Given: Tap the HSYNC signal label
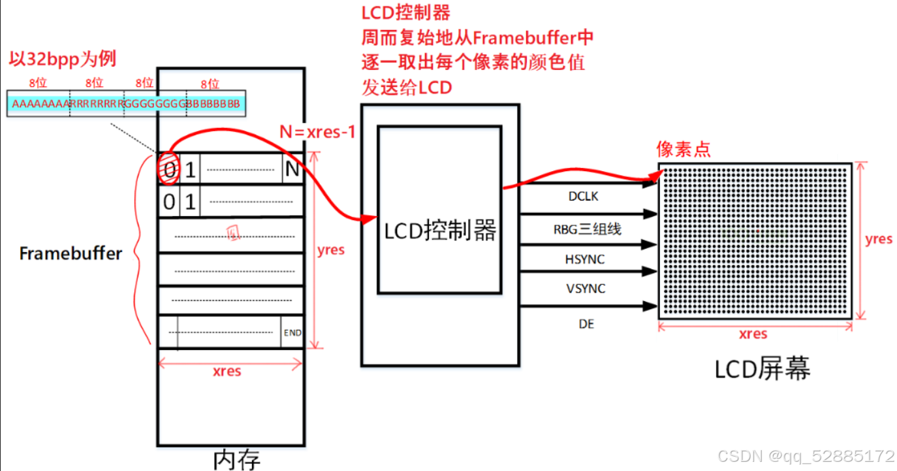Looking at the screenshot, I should pyautogui.click(x=585, y=259).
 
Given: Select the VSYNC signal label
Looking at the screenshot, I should pyautogui.click(x=585, y=289).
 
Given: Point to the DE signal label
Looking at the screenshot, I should pyautogui.click(x=586, y=323).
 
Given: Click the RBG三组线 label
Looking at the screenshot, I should pyautogui.click(x=587, y=229).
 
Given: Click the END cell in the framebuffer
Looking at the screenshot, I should pyautogui.click(x=292, y=333).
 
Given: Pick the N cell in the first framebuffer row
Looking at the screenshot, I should pyautogui.click(x=291, y=171).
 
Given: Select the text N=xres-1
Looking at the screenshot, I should pyautogui.click(x=317, y=132).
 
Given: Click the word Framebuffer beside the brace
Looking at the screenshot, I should pyautogui.click(x=71, y=253).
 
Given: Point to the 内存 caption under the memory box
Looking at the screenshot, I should pyautogui.click(x=237, y=459).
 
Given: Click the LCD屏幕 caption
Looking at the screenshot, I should pyautogui.click(x=762, y=370).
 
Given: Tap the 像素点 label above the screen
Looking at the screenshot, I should pyautogui.click(x=683, y=150).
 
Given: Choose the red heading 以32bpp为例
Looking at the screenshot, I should pyautogui.click(x=63, y=59).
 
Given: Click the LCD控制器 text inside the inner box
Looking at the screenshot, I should pyautogui.click(x=440, y=230).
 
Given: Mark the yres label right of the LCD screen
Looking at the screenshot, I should pyautogui.click(x=878, y=239).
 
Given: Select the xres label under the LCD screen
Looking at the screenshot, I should pyautogui.click(x=753, y=334).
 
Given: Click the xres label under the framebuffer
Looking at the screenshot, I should pyautogui.click(x=227, y=371).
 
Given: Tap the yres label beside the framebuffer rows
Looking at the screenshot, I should pyautogui.click(x=330, y=250).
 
